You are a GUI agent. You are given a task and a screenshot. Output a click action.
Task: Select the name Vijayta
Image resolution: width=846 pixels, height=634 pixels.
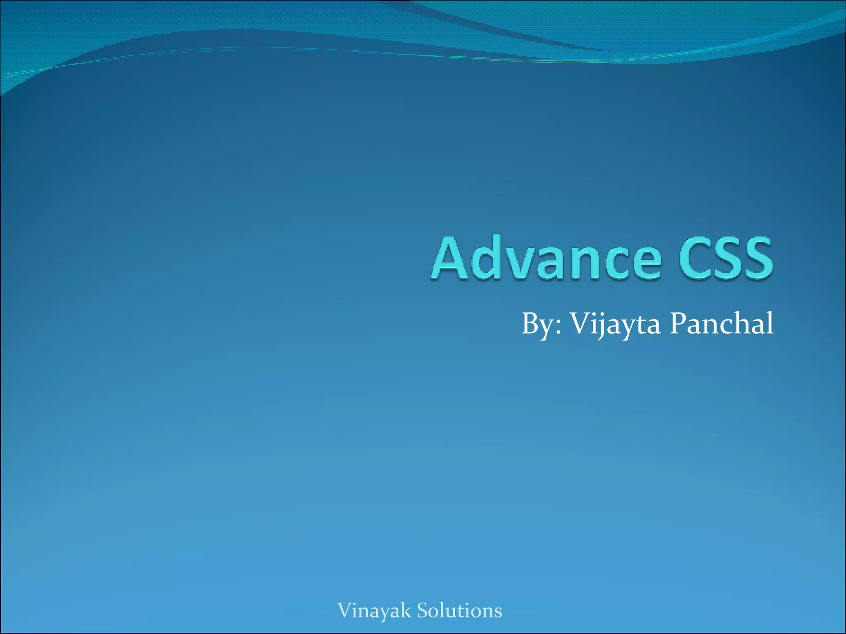click(615, 324)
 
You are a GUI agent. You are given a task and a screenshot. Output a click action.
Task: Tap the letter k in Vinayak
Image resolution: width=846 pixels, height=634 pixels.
click(406, 610)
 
